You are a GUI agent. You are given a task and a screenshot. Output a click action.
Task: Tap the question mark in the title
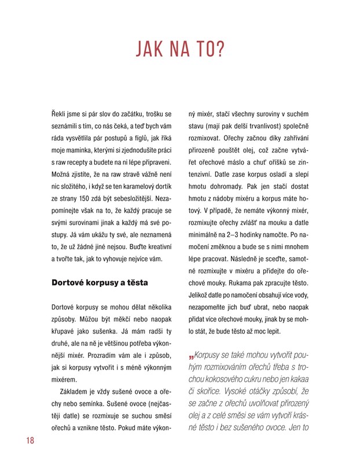221,50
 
